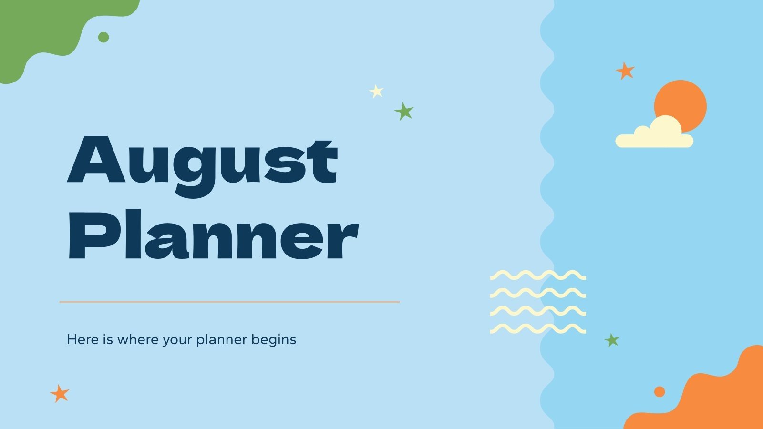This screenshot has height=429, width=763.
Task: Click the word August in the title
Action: tap(203, 162)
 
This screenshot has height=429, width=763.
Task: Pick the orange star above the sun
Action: tap(625, 71)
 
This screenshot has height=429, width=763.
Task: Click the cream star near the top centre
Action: tap(376, 91)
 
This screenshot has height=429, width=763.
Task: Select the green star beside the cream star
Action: tap(404, 112)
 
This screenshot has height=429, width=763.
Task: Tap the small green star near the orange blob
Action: tap(612, 340)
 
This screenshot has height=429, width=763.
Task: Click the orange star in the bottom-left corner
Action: tap(60, 394)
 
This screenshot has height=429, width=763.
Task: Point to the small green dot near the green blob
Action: tap(103, 37)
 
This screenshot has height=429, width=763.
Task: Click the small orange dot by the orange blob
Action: tap(660, 392)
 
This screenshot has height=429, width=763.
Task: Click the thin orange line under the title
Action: tap(229, 302)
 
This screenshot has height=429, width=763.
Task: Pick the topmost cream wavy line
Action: tap(537, 275)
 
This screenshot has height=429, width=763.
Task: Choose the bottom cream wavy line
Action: tap(537, 328)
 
